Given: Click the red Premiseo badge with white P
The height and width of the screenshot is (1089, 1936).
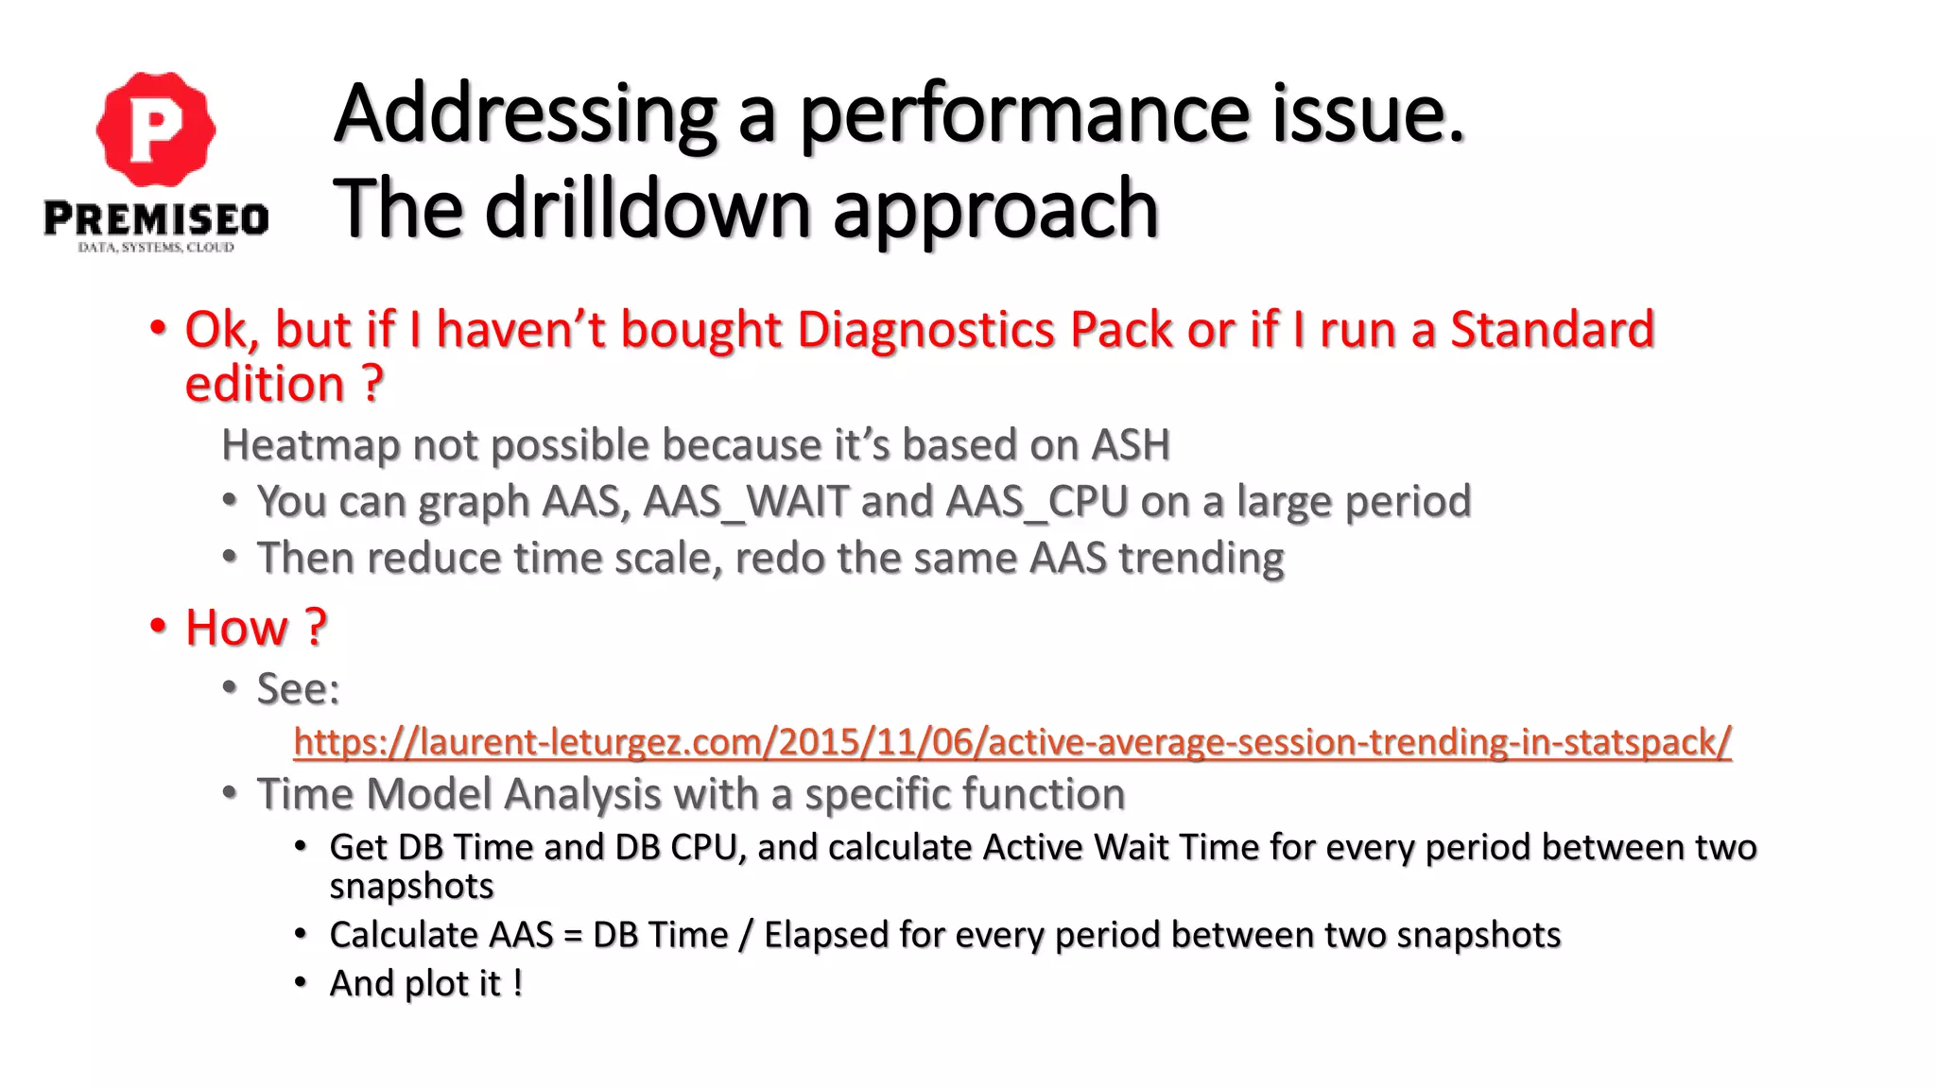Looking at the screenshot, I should (x=156, y=129).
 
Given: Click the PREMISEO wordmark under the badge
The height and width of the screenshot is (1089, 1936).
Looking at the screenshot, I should (x=156, y=219).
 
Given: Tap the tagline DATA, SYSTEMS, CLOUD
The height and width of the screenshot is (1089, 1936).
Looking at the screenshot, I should (x=156, y=248).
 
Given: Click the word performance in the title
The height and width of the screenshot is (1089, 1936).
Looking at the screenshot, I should (x=1026, y=115).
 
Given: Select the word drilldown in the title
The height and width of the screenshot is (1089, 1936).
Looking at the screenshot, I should (x=648, y=210).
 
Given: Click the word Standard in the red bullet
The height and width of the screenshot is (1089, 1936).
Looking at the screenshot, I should (x=1552, y=330).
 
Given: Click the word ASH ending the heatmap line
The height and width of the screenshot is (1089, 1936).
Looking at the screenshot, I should (x=1131, y=445).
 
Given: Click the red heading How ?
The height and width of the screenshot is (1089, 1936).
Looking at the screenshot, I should (x=255, y=628).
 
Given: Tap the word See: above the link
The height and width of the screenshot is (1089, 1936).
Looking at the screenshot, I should (x=298, y=689).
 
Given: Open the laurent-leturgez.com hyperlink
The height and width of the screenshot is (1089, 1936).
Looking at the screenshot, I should (x=1011, y=742).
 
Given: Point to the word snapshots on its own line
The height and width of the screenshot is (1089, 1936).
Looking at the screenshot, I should (x=411, y=887).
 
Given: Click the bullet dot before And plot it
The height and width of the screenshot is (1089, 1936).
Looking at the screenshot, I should (x=301, y=983).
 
